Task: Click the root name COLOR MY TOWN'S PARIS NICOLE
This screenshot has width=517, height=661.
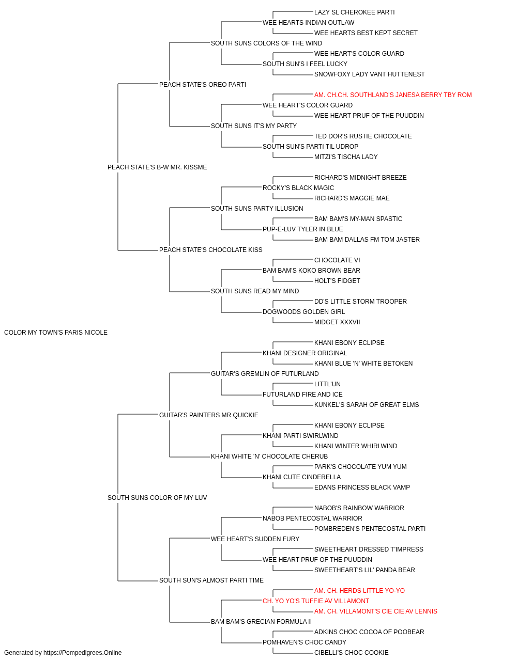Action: pos(56,333)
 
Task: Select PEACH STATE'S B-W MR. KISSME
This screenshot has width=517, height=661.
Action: pos(157,167)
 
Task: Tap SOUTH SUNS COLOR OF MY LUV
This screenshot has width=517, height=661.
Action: pos(157,498)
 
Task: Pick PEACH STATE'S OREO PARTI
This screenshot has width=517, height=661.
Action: pos(203,85)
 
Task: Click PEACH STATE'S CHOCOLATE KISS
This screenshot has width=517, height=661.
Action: pos(211,250)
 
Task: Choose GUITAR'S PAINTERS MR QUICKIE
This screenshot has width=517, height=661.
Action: pos(208,415)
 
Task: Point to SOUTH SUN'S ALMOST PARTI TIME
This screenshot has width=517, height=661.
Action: pos(211,580)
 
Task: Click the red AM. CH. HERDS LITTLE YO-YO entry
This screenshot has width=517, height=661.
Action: pos(360,591)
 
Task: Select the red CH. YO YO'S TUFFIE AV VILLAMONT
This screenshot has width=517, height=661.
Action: pos(316,601)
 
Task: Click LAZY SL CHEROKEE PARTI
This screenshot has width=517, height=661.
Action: pos(355,12)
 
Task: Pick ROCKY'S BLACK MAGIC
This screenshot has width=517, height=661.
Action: pos(298,187)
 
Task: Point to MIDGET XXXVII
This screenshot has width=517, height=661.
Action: pos(337,322)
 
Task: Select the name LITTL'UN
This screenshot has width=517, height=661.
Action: pos(327,384)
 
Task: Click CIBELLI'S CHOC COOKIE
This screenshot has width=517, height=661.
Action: pos(352,653)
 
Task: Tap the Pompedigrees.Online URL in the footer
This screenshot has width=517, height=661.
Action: pos(83,653)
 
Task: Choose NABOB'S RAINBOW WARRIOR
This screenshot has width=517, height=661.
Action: pos(359,508)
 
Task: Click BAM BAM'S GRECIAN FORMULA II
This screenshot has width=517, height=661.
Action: pos(261,622)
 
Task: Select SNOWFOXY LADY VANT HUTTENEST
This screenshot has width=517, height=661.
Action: pos(369,74)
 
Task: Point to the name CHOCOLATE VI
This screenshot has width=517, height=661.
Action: pos(337,260)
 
